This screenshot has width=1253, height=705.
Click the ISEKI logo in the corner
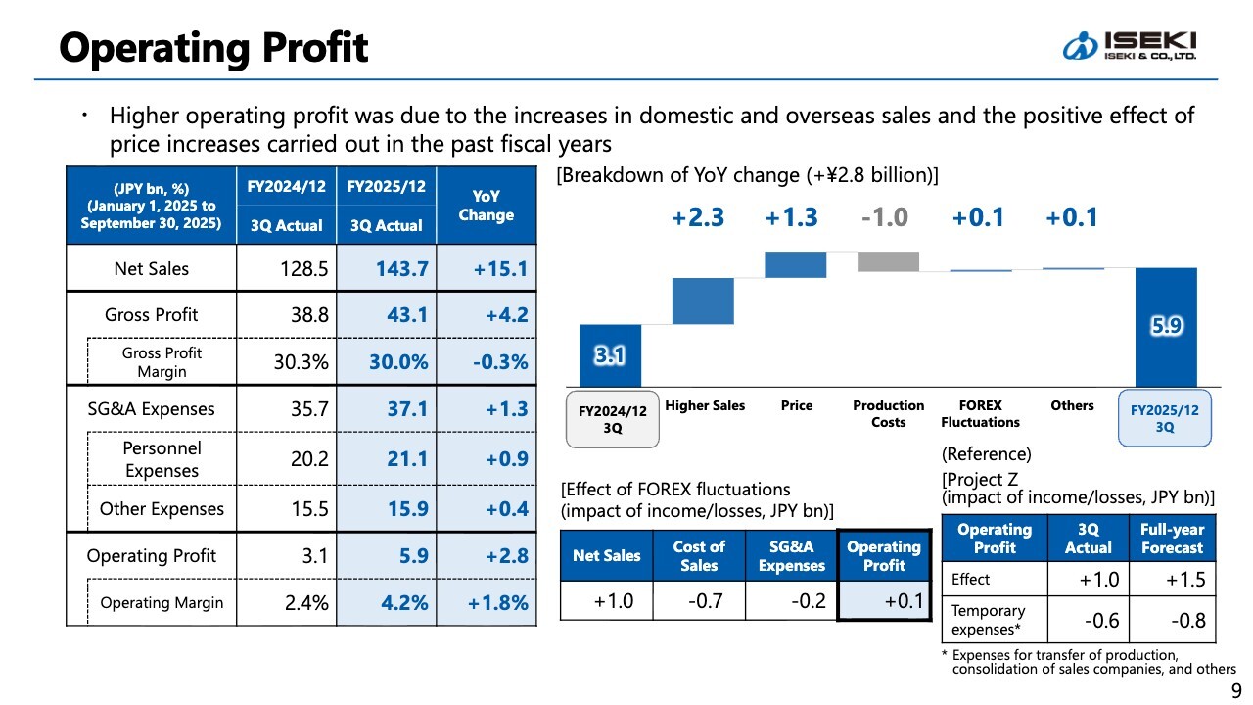[x=1130, y=45]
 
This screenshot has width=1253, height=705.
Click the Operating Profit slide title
[x=213, y=46]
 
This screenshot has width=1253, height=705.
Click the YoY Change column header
[x=487, y=206]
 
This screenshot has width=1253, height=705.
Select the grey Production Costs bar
[x=888, y=261]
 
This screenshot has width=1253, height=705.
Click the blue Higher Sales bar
[x=703, y=301]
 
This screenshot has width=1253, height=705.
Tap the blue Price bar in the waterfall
[x=795, y=264]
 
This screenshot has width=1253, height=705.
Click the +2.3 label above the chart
[x=698, y=217]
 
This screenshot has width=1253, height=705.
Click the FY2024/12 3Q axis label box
[x=612, y=419]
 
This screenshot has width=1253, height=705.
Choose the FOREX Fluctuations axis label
[x=980, y=413]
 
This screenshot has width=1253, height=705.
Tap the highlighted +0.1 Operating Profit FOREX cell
[x=884, y=600]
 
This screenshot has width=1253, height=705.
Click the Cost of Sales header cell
[x=699, y=555]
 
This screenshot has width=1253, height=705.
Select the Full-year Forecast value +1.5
[x=1172, y=579]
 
